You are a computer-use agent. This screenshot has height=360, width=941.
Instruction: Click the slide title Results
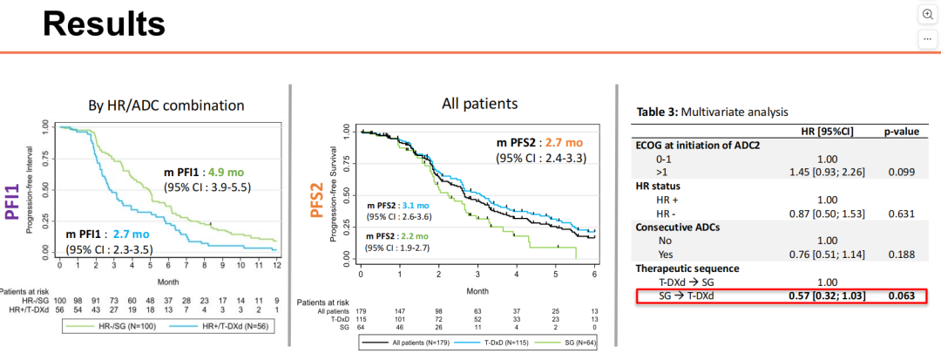click(104, 24)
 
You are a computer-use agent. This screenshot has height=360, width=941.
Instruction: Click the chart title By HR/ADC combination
click(166, 105)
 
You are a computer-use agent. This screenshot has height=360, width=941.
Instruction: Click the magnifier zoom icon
click(927, 15)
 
